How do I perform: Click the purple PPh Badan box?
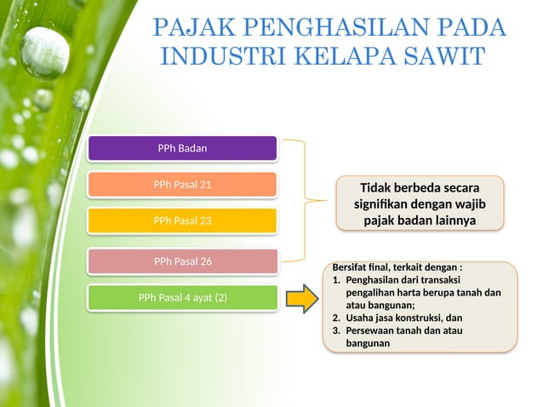(x=182, y=148)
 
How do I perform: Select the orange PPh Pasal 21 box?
(x=182, y=185)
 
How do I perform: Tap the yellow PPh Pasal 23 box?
(x=182, y=221)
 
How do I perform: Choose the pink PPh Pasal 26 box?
(x=182, y=261)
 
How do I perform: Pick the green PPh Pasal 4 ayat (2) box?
(x=182, y=298)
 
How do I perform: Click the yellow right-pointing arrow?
(x=301, y=298)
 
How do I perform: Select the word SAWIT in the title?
(x=442, y=57)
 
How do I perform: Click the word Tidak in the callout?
(x=378, y=187)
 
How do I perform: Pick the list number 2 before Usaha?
(x=336, y=318)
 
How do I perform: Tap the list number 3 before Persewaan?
(x=336, y=330)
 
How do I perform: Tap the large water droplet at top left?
(x=44, y=53)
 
